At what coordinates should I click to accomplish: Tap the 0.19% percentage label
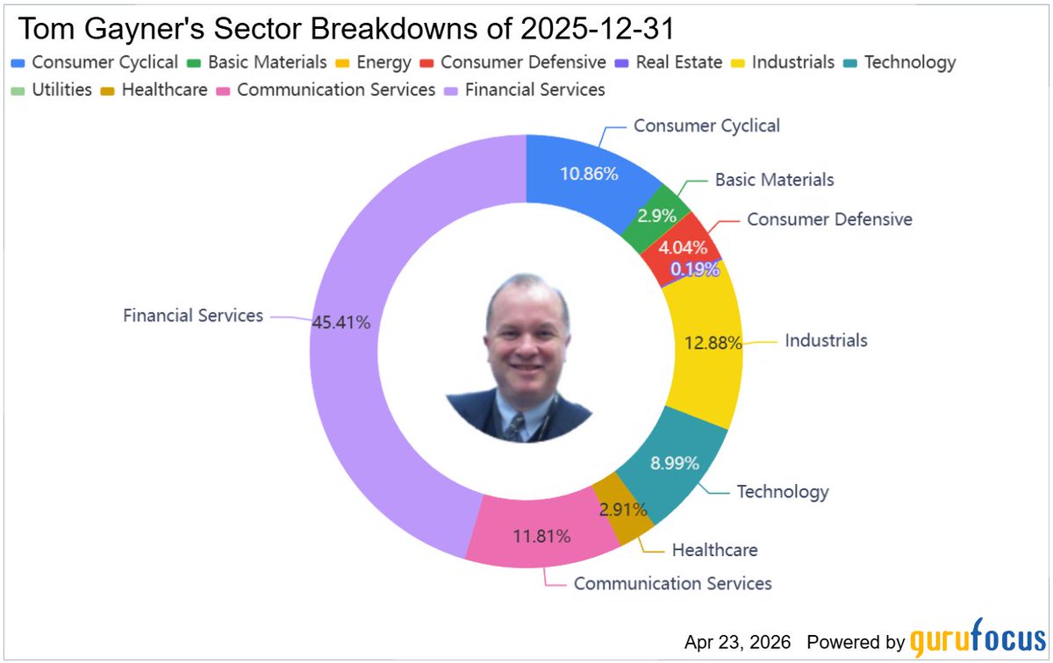pos(694,269)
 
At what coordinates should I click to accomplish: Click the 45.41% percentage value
pos(340,322)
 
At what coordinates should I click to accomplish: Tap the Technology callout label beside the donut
pos(782,491)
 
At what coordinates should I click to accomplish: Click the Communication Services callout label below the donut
pos(672,583)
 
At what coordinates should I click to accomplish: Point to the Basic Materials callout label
pos(774,179)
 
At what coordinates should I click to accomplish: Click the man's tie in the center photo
pos(517,426)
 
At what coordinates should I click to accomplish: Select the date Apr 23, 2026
pos(739,640)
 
